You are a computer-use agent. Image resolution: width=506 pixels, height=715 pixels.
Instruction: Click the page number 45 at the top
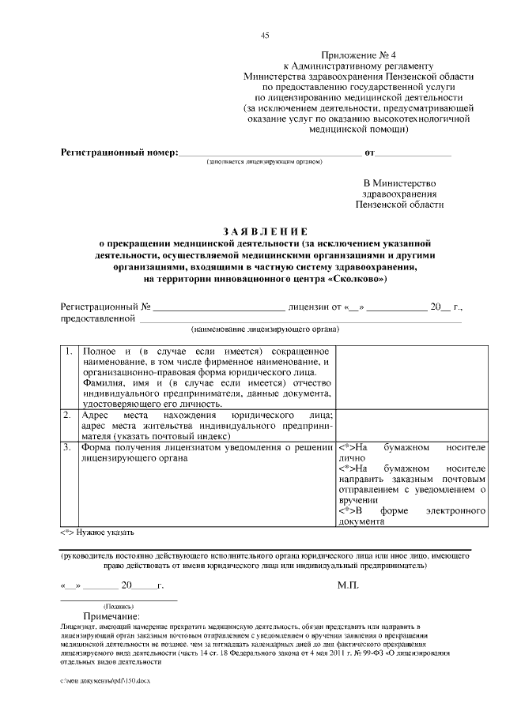click(265, 35)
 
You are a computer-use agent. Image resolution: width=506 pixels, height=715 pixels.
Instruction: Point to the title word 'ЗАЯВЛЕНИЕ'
click(264, 231)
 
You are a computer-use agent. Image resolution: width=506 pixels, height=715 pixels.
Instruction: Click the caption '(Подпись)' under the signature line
click(108, 606)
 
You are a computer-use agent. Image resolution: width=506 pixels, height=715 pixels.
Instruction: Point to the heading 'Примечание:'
click(111, 616)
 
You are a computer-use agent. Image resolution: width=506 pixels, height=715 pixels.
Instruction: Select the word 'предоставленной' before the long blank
click(99, 318)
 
